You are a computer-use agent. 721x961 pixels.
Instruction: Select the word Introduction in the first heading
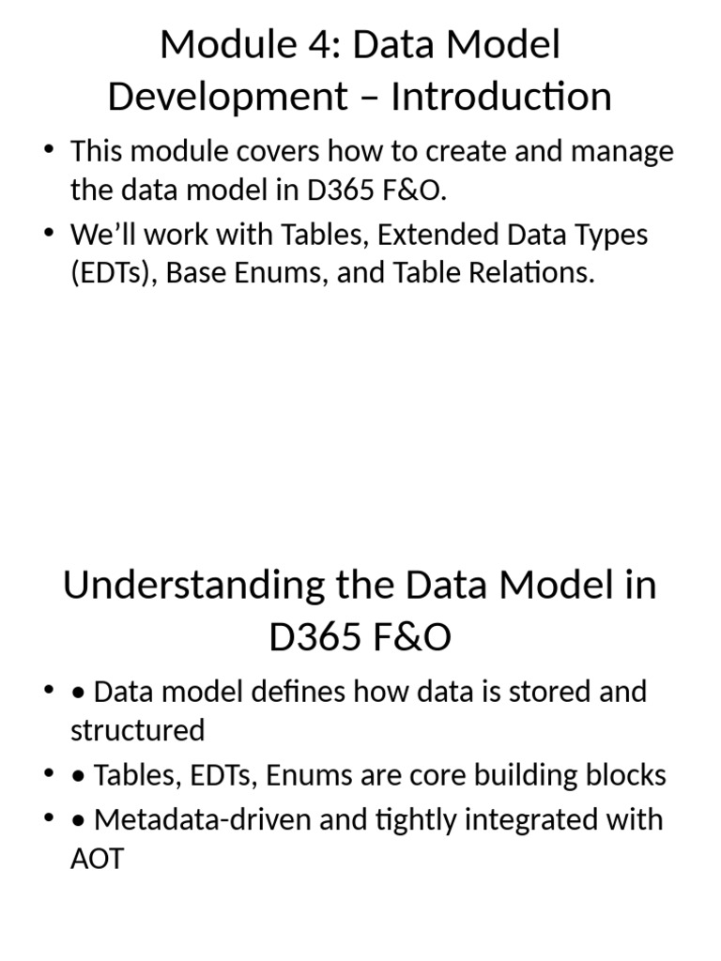pyautogui.click(x=501, y=97)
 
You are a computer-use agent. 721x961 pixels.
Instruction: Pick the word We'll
pyautogui.click(x=102, y=235)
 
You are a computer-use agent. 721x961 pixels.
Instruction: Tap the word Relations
pyautogui.click(x=529, y=275)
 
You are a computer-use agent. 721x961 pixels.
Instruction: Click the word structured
pyautogui.click(x=137, y=730)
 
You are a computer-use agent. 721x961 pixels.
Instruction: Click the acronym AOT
pyautogui.click(x=97, y=859)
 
